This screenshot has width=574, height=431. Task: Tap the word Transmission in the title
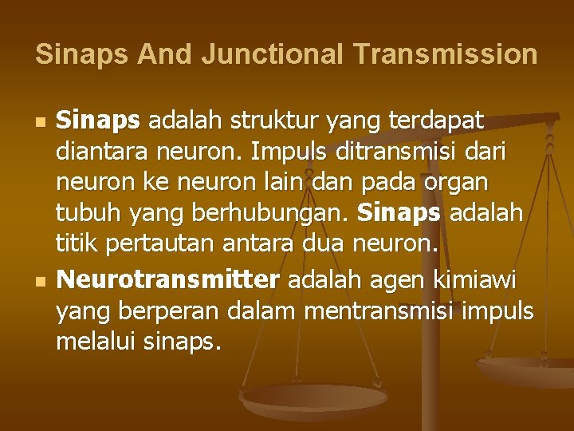445,54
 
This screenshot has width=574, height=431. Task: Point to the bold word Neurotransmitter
168,281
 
